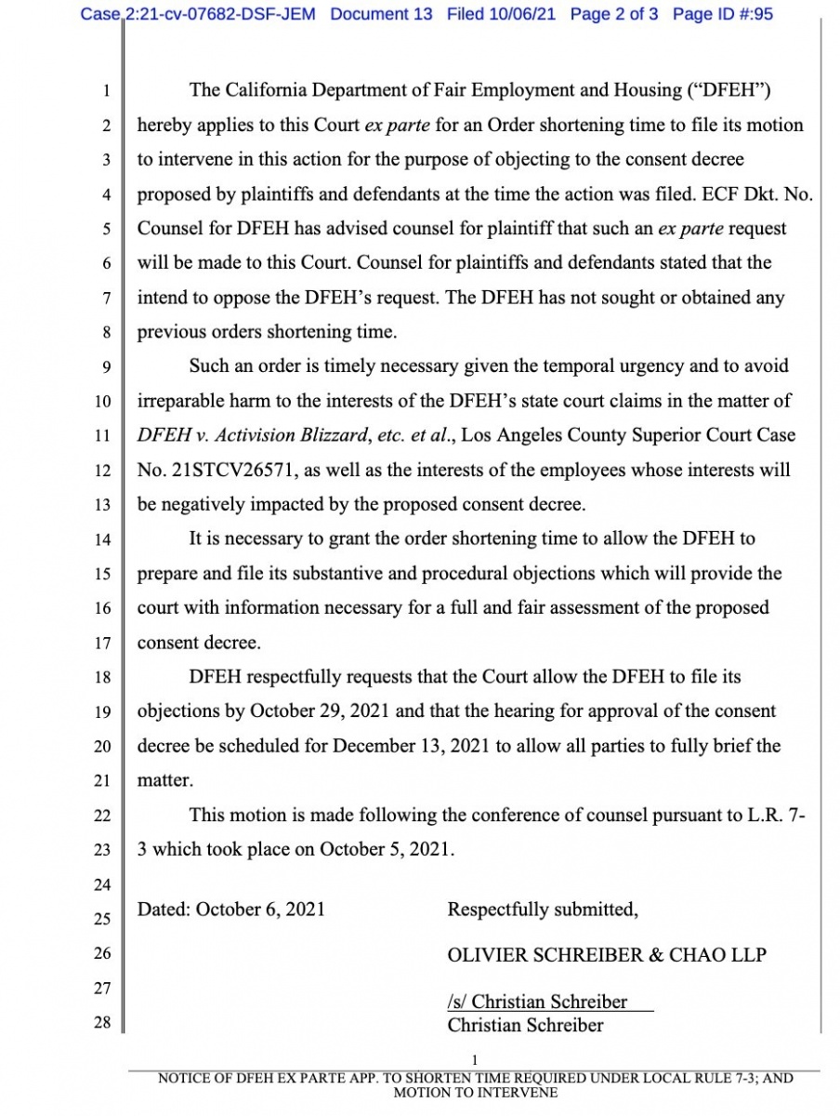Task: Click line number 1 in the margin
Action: pyautogui.click(x=107, y=91)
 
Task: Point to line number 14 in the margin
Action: pyautogui.click(x=103, y=539)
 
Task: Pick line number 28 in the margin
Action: pyautogui.click(x=103, y=1023)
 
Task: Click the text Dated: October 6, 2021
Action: pyautogui.click(x=231, y=909)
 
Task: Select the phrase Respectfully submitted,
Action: pyautogui.click(x=543, y=909)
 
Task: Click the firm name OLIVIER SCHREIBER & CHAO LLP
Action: pyautogui.click(x=607, y=954)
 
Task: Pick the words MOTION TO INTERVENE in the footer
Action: pyautogui.click(x=476, y=1093)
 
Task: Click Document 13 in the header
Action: pyautogui.click(x=381, y=14)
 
